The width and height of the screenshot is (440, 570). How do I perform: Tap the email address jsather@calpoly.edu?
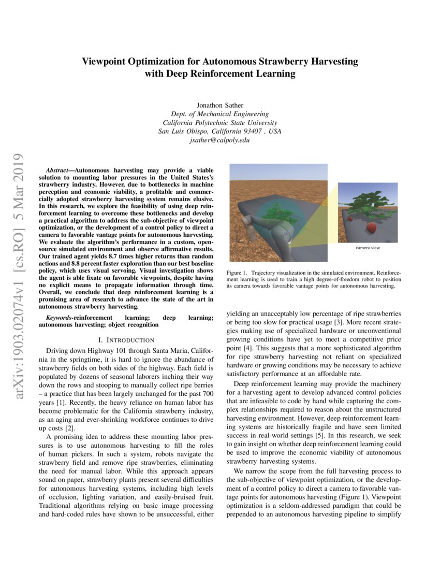[220, 140]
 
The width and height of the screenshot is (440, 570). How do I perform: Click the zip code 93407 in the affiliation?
[255, 131]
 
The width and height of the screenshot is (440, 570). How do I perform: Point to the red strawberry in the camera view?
[372, 227]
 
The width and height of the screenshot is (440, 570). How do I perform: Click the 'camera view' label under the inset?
[368, 248]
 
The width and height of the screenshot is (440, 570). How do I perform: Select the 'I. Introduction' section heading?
[126, 340]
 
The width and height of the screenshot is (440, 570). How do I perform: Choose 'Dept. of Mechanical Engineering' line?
[220, 114]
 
